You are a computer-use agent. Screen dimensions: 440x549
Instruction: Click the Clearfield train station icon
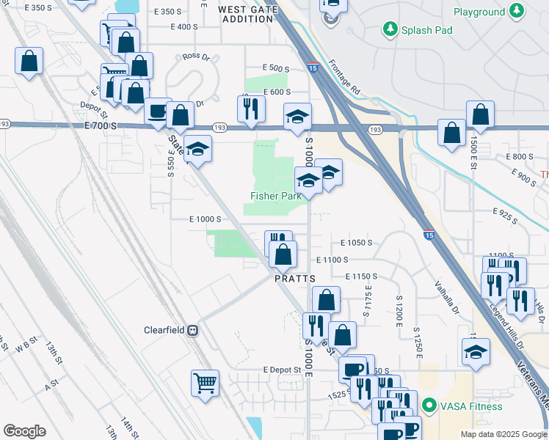coord(194,330)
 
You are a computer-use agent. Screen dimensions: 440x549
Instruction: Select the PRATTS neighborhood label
coord(295,279)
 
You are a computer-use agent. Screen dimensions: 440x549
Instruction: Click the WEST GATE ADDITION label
coord(247,14)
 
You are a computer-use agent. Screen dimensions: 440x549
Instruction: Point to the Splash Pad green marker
coord(390,30)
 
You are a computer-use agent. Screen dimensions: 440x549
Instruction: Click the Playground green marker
coord(518,12)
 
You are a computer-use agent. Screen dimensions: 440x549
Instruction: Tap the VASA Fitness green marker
coord(429,406)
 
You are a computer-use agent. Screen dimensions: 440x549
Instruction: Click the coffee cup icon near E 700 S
coord(158,111)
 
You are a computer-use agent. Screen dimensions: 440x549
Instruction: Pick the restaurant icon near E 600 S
coord(251,108)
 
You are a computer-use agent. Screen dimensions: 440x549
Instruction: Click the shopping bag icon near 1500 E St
coord(480,114)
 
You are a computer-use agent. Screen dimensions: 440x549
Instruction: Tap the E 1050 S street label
coord(357,243)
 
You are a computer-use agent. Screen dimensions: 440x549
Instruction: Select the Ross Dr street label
coord(196,56)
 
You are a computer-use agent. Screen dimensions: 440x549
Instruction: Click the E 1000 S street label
coord(205,219)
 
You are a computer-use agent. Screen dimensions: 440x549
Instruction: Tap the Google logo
coord(24,431)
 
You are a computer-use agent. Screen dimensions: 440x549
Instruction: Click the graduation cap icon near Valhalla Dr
coord(476,353)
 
